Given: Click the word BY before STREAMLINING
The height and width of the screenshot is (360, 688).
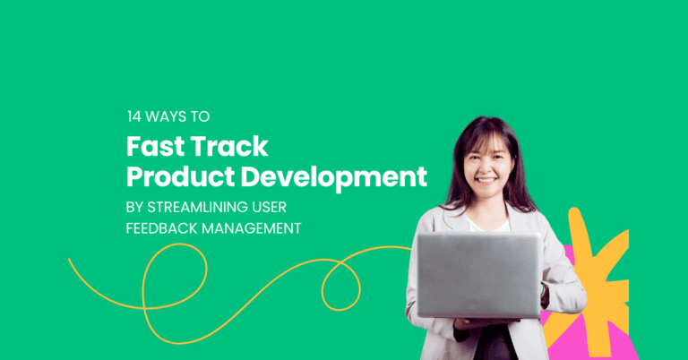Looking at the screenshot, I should point(133,206).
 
